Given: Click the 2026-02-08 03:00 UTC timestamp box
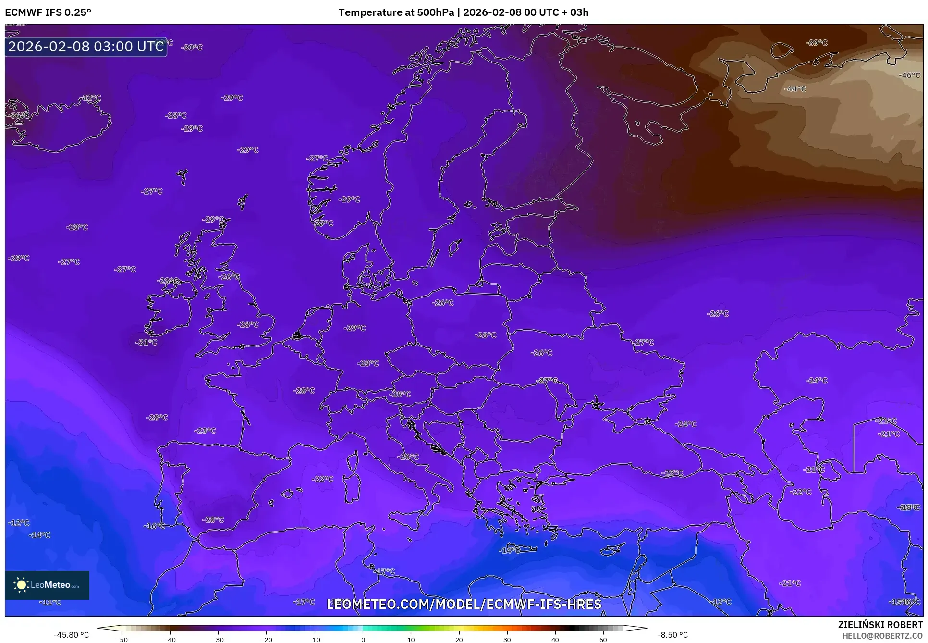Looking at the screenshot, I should [x=86, y=47].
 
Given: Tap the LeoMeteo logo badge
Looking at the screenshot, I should [x=47, y=585].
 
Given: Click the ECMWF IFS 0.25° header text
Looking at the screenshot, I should [x=48, y=12].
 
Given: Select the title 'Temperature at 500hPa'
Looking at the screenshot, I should [x=396, y=12].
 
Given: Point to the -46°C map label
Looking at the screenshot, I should [x=909, y=75].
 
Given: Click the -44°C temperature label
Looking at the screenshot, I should [x=795, y=89].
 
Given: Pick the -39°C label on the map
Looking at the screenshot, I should [x=817, y=43].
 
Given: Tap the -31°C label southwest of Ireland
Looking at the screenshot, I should [x=147, y=342].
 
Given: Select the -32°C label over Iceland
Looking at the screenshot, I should [x=90, y=98].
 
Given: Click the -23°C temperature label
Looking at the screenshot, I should [x=205, y=431].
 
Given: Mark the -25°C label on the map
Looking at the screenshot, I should [x=672, y=473].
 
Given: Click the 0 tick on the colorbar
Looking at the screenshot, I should [x=363, y=639].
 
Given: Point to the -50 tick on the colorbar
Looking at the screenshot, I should [x=122, y=639].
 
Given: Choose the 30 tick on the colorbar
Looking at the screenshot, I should [x=507, y=639].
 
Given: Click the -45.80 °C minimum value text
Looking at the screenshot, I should [x=71, y=635].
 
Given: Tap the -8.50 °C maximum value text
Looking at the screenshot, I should [x=672, y=635].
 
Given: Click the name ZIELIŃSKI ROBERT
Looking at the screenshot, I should [x=880, y=625].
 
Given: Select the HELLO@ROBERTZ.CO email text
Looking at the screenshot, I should [x=882, y=636].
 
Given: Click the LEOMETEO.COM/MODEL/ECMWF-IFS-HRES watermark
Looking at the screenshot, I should [x=464, y=604].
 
